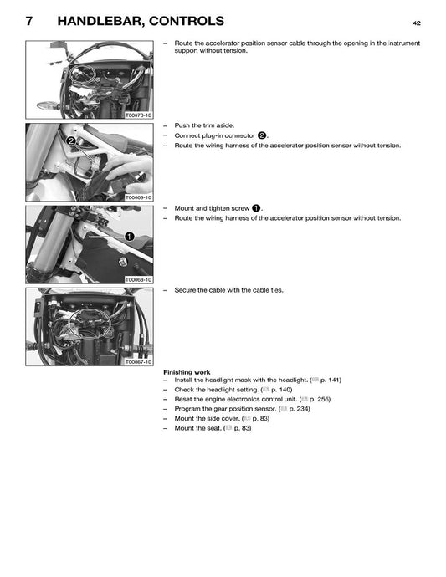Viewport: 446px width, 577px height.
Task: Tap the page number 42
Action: tap(417, 23)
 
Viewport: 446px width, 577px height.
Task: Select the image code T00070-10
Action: tap(138, 115)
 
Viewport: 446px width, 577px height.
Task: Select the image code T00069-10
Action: tap(138, 197)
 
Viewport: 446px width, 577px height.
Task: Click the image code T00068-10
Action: tap(138, 279)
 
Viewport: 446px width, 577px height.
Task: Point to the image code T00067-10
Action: tap(138, 362)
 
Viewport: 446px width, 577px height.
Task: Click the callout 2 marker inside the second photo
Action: tap(71, 141)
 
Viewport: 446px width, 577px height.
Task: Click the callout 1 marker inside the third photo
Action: tap(130, 237)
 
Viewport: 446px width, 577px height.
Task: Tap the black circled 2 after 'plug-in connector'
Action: tap(262, 135)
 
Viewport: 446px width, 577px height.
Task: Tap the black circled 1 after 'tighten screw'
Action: tap(256, 207)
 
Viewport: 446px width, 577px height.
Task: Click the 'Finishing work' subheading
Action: tap(187, 371)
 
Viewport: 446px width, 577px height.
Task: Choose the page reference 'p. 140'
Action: tap(280, 390)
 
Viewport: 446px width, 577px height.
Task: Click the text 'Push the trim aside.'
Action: tap(204, 125)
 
